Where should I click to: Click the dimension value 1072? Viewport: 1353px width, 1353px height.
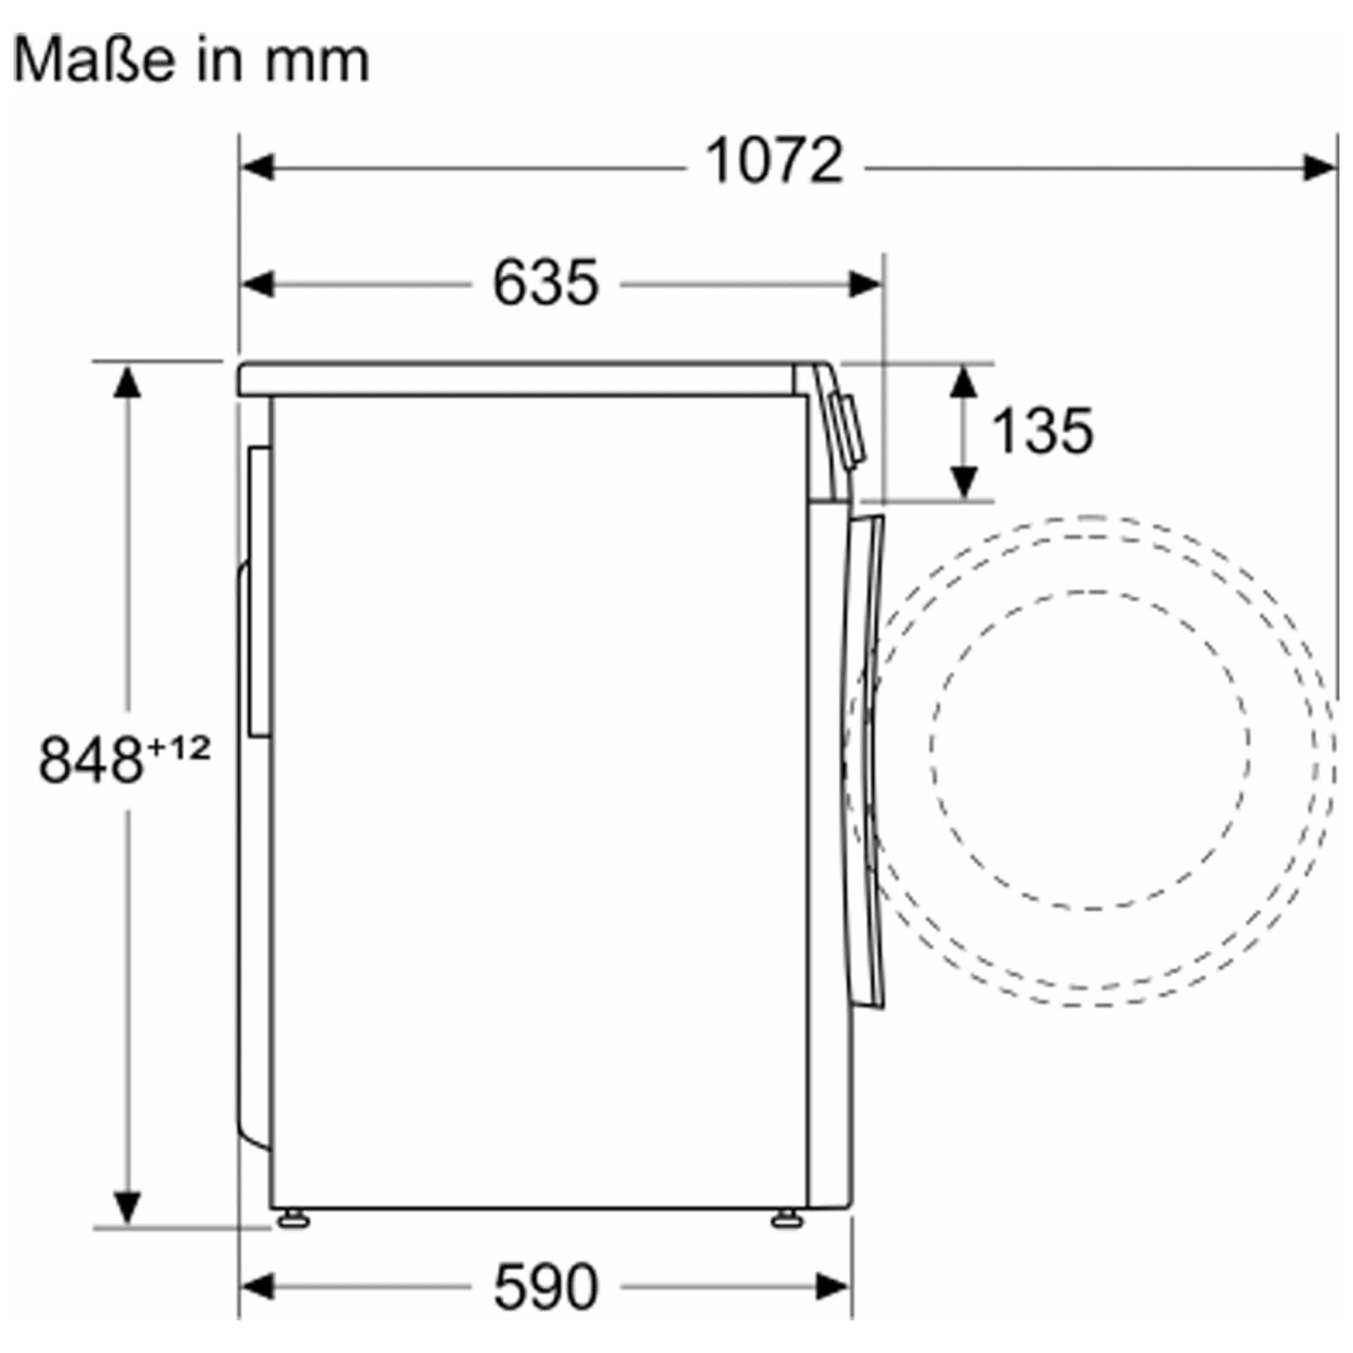coord(774,161)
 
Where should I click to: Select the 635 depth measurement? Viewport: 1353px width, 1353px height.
coord(546,281)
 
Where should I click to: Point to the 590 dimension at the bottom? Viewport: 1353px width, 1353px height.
coord(546,1286)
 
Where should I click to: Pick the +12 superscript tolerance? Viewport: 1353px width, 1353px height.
coord(179,748)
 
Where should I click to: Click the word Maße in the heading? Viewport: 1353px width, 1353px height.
coord(94,60)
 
